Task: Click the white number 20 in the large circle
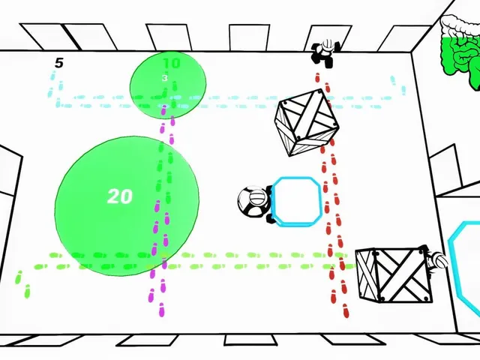(x=120, y=196)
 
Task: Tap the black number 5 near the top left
(x=58, y=63)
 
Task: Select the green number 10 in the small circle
(x=172, y=63)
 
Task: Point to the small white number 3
(x=165, y=78)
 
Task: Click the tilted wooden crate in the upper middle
(x=307, y=122)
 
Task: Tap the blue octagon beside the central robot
(x=296, y=202)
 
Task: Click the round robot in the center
(x=255, y=202)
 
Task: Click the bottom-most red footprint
(x=346, y=311)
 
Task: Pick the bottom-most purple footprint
(x=162, y=310)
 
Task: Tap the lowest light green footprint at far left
(x=27, y=292)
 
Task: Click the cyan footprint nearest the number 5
(x=53, y=75)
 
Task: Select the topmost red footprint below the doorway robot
(x=317, y=77)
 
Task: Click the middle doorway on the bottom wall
(x=250, y=340)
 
